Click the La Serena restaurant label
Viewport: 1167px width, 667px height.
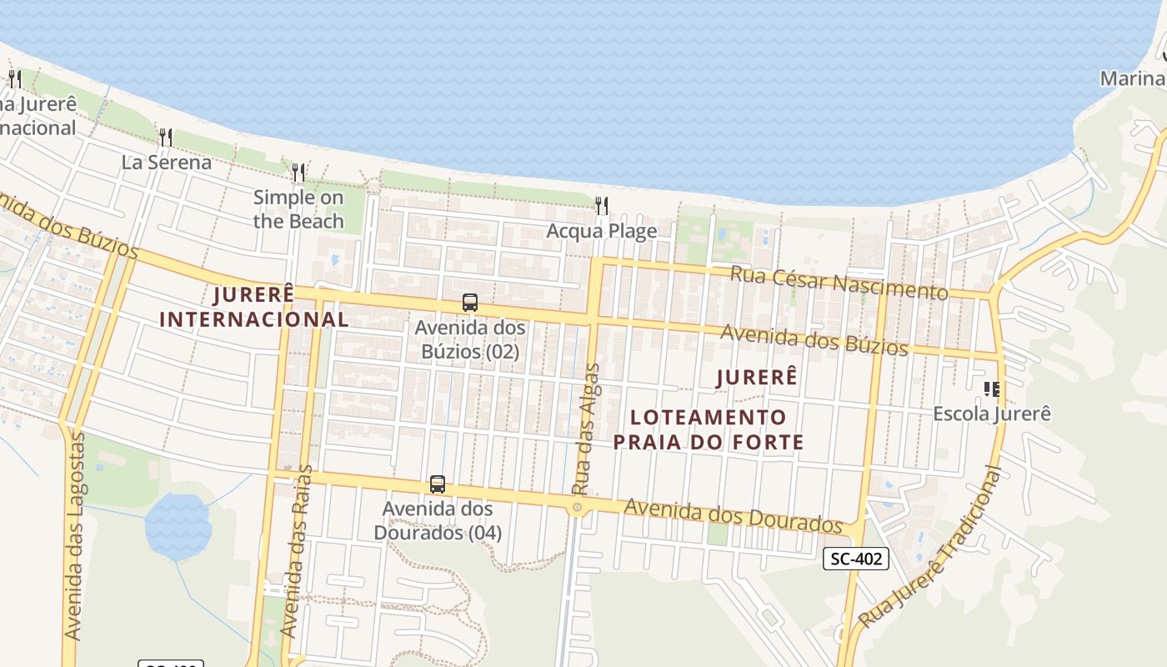click(x=167, y=162)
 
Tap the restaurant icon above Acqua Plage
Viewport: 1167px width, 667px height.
click(x=602, y=206)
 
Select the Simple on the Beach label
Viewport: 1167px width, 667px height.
click(x=298, y=209)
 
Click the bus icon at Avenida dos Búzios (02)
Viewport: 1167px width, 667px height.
click(x=470, y=303)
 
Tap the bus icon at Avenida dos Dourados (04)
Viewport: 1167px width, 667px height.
click(x=438, y=484)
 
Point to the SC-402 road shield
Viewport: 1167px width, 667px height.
click(x=855, y=559)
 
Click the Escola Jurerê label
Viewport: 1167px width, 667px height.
click(x=991, y=414)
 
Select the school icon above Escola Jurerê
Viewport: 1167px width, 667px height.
click(x=991, y=389)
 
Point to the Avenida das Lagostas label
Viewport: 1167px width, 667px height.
click(x=74, y=536)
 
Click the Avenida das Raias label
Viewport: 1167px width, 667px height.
click(x=297, y=551)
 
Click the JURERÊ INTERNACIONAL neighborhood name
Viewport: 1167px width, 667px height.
click(x=254, y=307)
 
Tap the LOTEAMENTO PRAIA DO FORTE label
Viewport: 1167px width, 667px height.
click(x=709, y=429)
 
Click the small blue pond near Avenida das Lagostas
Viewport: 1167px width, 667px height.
click(x=178, y=525)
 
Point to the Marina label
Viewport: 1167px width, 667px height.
click(x=1132, y=78)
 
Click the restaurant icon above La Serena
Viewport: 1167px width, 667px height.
click(x=166, y=138)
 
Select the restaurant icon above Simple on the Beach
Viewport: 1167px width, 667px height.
click(x=298, y=173)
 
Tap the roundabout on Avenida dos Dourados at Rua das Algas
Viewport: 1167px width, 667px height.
click(x=577, y=507)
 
